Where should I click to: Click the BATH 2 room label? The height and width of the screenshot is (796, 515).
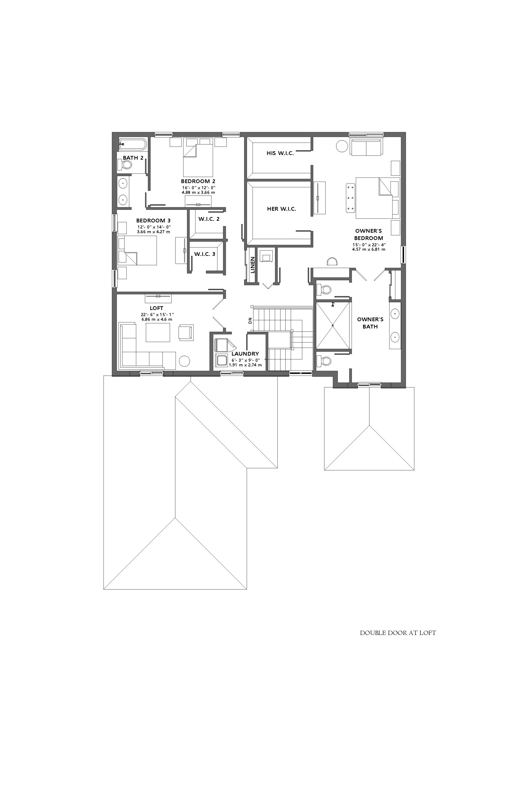(x=133, y=158)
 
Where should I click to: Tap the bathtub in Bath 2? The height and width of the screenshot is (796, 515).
(x=133, y=144)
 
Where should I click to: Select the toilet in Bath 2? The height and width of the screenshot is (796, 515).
(x=124, y=164)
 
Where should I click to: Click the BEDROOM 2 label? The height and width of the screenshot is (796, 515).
(x=198, y=182)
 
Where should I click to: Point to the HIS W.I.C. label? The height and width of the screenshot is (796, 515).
(x=280, y=153)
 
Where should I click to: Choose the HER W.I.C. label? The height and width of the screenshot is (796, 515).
(x=281, y=209)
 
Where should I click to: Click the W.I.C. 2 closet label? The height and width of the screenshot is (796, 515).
(x=209, y=219)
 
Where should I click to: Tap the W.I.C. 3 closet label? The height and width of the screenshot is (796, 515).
(x=205, y=254)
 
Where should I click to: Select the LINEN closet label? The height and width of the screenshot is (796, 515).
(x=253, y=265)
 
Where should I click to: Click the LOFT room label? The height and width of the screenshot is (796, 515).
(x=156, y=308)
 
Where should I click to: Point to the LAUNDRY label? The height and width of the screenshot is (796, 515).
(x=245, y=354)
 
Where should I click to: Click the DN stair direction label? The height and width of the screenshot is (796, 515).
(x=250, y=321)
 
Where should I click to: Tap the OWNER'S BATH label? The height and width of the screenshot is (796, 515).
(x=370, y=323)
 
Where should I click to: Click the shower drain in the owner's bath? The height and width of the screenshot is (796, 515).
(x=333, y=325)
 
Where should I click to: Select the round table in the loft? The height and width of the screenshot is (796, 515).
(x=185, y=361)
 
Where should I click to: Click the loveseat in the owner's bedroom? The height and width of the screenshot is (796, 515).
(x=366, y=147)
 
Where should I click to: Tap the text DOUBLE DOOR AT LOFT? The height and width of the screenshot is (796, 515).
(x=398, y=633)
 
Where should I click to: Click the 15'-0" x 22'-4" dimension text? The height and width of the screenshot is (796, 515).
(x=369, y=244)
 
